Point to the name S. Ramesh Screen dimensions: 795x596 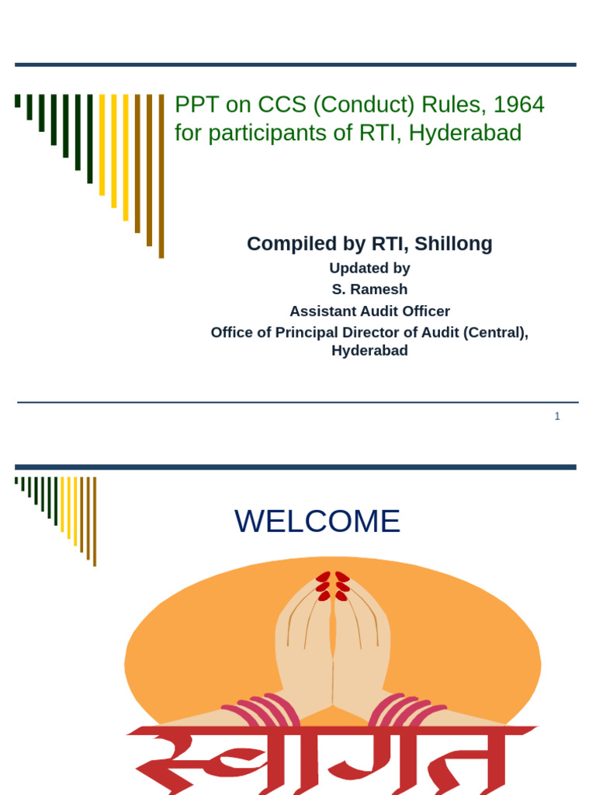tap(369, 290)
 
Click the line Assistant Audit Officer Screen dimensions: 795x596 tap(369, 311)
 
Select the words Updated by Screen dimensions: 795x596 tap(369, 269)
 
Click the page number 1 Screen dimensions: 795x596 tap(557, 416)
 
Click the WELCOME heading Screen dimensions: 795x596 tap(317, 521)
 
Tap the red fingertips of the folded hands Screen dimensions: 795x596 tap(332, 586)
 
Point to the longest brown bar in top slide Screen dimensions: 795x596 tap(161, 176)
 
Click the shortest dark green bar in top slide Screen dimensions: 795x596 tap(18, 100)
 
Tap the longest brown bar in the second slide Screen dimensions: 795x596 tap(95, 521)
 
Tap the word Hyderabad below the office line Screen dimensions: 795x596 tap(369, 350)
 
